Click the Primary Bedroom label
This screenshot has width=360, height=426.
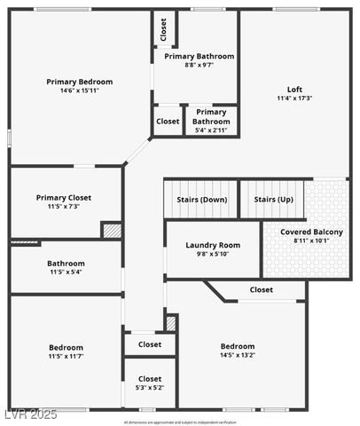(79, 81)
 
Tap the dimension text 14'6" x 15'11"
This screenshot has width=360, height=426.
(79, 91)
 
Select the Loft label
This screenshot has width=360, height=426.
(294, 88)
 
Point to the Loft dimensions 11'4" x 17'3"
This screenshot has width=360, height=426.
(294, 98)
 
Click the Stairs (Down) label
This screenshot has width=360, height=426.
(201, 200)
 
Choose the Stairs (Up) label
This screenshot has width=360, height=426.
(272, 200)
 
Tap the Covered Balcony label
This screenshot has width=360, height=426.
(311, 232)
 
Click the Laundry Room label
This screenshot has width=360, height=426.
(213, 245)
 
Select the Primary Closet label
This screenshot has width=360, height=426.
(64, 197)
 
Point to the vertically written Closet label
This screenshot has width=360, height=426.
(163, 30)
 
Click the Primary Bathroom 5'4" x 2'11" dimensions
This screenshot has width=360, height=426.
(210, 130)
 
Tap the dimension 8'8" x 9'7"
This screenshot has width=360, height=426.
(199, 65)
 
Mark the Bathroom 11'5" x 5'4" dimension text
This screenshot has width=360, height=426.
(66, 272)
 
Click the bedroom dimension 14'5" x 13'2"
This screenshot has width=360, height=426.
(238, 356)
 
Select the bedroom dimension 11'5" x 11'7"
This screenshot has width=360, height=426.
(66, 357)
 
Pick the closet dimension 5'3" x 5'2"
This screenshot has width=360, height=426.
(150, 388)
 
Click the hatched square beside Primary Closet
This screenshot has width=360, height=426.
(112, 230)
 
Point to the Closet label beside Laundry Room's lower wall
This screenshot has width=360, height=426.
(261, 289)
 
